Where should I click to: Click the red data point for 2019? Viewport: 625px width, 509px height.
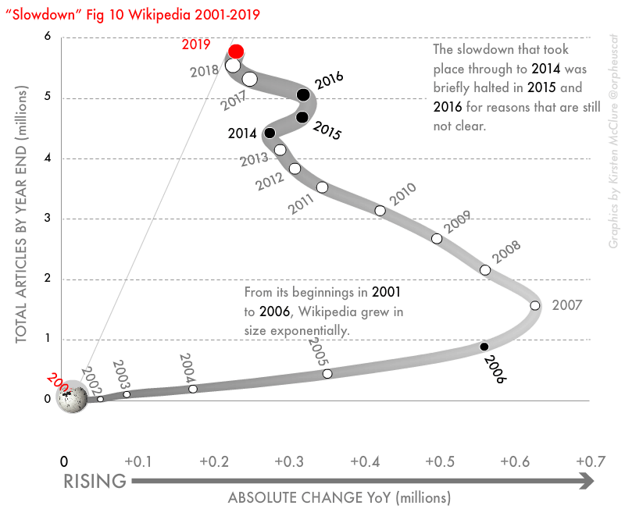coord(236,52)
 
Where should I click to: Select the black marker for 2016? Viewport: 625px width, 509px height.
coord(303,95)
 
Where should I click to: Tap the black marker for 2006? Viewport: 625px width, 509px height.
coord(484,347)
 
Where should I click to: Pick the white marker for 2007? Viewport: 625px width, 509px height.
coord(535,305)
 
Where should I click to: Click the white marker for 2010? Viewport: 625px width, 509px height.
coord(380,211)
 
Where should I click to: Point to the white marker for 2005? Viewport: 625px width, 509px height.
coord(327,374)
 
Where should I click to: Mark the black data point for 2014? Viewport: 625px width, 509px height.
coord(270,133)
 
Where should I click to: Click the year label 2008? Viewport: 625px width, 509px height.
coord(505,252)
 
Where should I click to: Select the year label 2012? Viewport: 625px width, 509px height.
coord(269,181)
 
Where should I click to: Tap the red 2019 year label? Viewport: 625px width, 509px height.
coord(196,44)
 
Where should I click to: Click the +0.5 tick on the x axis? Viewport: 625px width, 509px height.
coord(440,461)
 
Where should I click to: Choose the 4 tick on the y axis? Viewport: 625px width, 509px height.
coord(48,158)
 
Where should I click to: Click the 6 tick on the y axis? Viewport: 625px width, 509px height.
coord(48,37)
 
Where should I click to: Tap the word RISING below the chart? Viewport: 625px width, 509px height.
coord(95,482)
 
